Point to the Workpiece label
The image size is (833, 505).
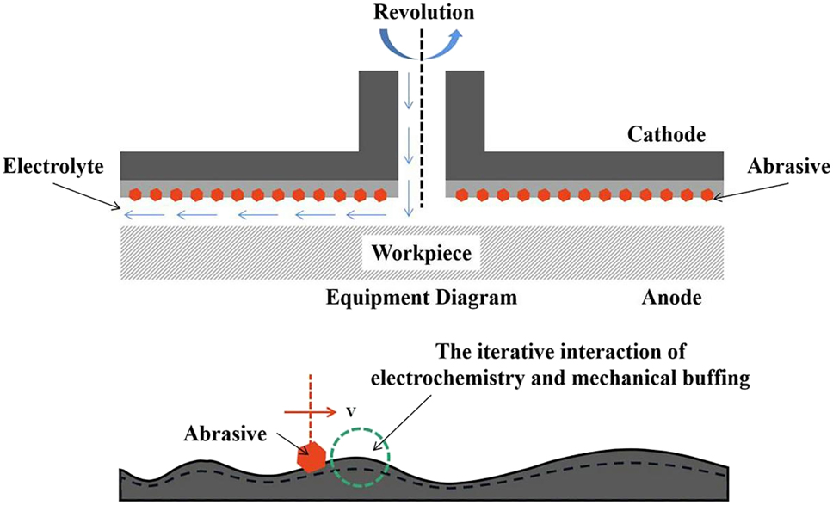point(422,253)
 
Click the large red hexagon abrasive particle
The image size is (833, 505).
point(310,458)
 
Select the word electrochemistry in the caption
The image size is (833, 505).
point(495,375)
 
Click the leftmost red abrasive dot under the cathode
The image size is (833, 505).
point(134,194)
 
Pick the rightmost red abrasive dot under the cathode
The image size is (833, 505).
point(707,194)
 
